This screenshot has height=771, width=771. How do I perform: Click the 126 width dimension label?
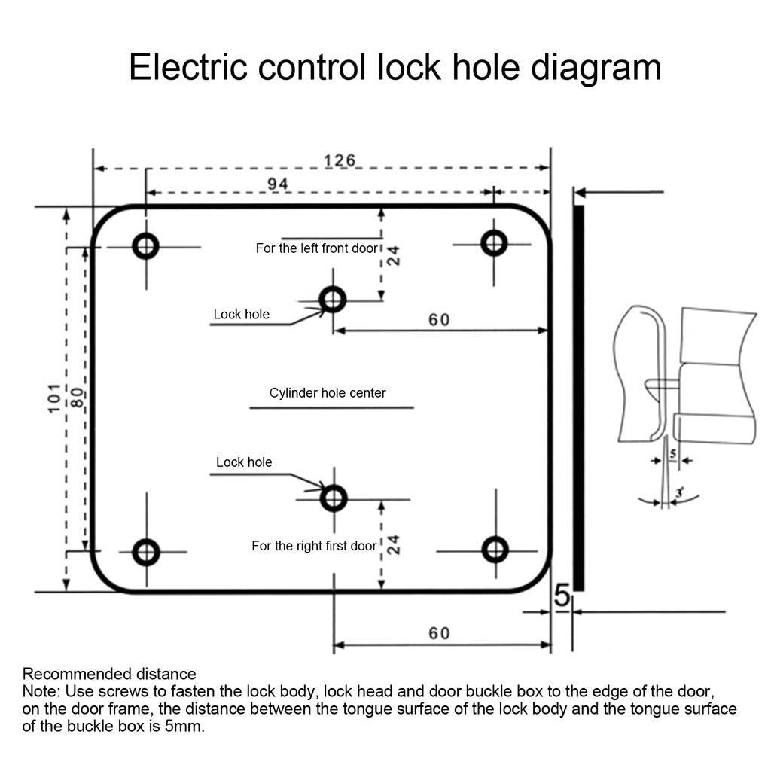[340, 160]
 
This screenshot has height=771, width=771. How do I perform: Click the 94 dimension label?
[278, 184]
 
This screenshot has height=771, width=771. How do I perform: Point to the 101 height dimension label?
[54, 398]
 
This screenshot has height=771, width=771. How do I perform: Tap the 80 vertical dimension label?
[78, 398]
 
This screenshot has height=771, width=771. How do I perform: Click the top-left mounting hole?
[146, 246]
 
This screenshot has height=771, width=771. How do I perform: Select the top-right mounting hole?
[494, 243]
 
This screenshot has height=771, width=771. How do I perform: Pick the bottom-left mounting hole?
[147, 552]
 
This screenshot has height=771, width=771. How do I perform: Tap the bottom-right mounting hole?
[495, 550]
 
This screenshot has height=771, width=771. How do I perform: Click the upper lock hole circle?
[333, 300]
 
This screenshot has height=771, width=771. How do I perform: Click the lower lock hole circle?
[334, 498]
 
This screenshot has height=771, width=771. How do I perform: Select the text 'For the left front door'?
[317, 248]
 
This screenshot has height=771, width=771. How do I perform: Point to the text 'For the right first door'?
[314, 546]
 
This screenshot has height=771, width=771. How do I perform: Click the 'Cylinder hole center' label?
[328, 393]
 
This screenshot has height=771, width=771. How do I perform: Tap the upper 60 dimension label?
[439, 320]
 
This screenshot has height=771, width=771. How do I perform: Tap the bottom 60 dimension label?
[439, 633]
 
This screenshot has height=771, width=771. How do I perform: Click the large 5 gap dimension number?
[562, 596]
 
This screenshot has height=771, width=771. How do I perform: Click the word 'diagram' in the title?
[596, 69]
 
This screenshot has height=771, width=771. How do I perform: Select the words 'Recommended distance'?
[109, 674]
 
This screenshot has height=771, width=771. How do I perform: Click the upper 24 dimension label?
[393, 256]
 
